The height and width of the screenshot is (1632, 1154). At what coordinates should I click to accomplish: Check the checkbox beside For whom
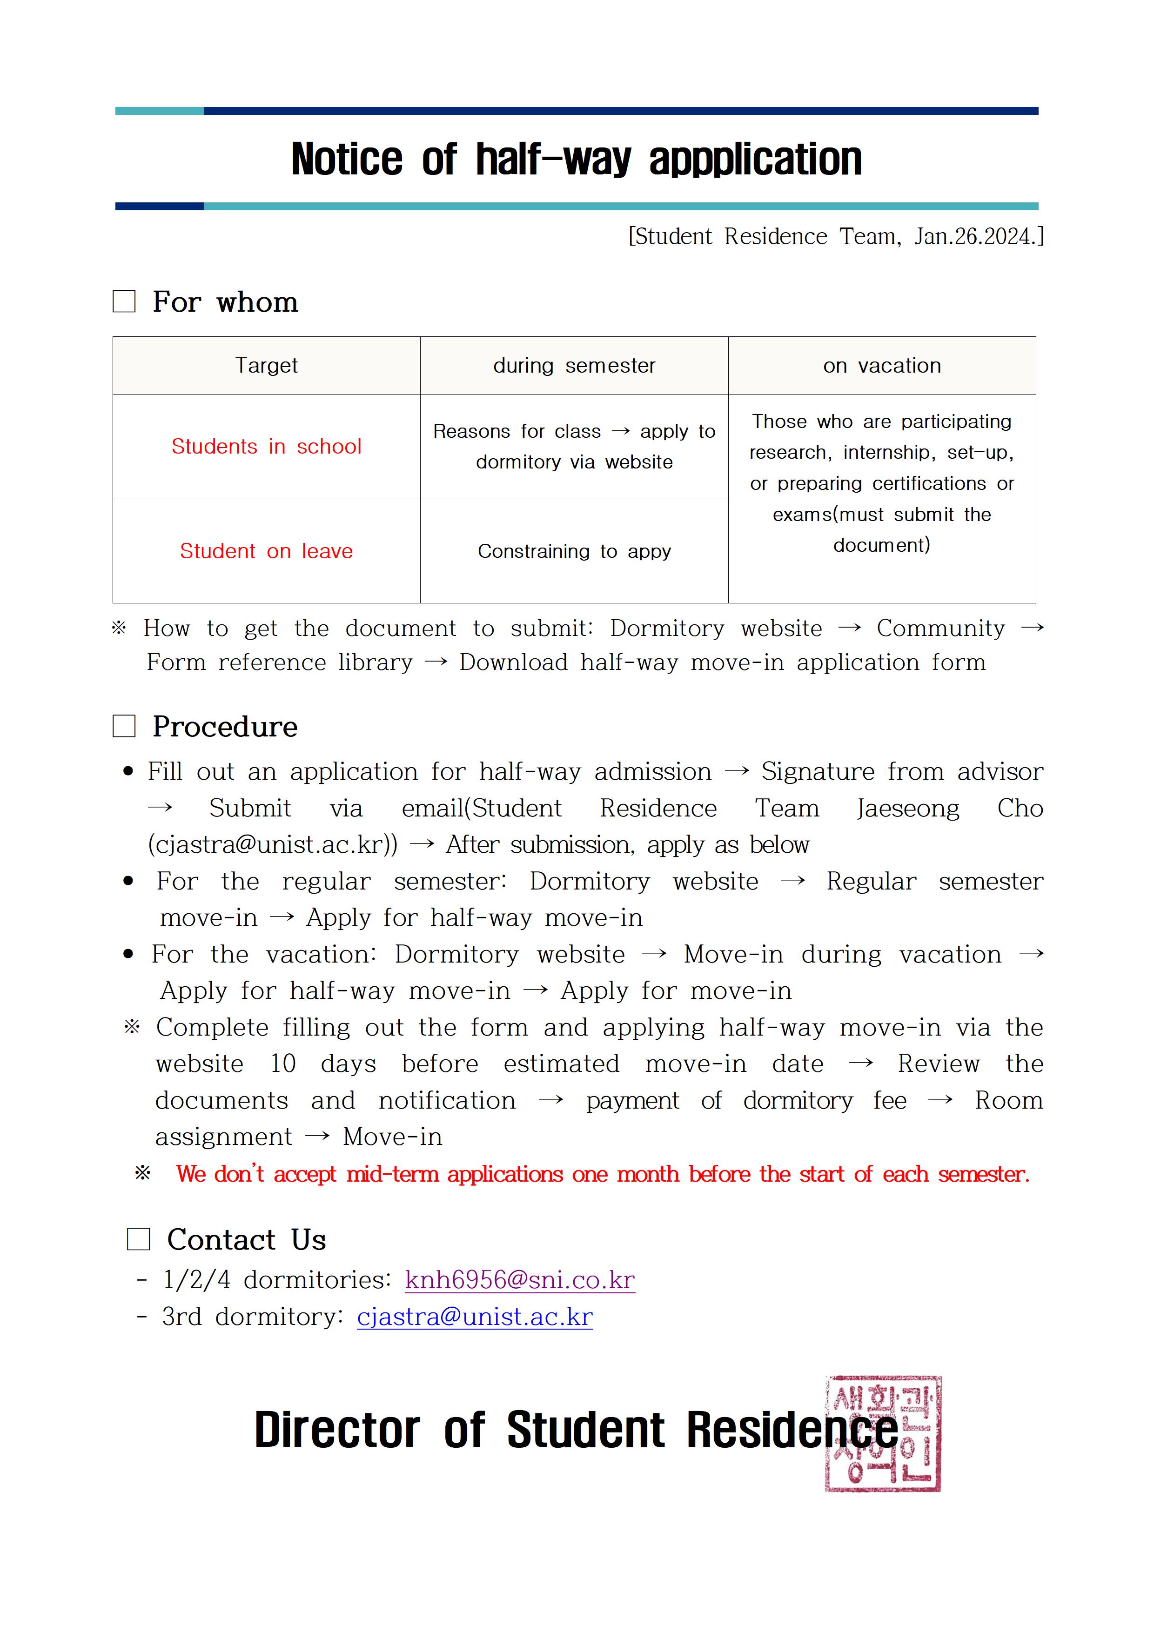click(x=124, y=301)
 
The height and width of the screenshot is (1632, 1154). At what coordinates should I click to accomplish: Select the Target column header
click(x=267, y=365)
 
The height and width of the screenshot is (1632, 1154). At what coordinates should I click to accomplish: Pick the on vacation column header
click(x=882, y=365)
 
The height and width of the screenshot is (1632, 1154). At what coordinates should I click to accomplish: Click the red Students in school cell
click(x=267, y=447)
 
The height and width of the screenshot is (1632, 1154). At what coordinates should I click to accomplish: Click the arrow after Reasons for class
click(x=621, y=431)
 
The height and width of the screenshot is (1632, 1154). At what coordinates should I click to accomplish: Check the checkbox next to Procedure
click(x=124, y=726)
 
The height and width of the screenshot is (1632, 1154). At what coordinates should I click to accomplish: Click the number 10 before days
click(x=282, y=1063)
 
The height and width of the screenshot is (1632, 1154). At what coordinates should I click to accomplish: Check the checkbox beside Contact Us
click(x=139, y=1239)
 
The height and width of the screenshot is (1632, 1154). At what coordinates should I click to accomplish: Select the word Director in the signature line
click(x=337, y=1430)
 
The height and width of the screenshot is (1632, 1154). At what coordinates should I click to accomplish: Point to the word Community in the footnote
click(x=940, y=629)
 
